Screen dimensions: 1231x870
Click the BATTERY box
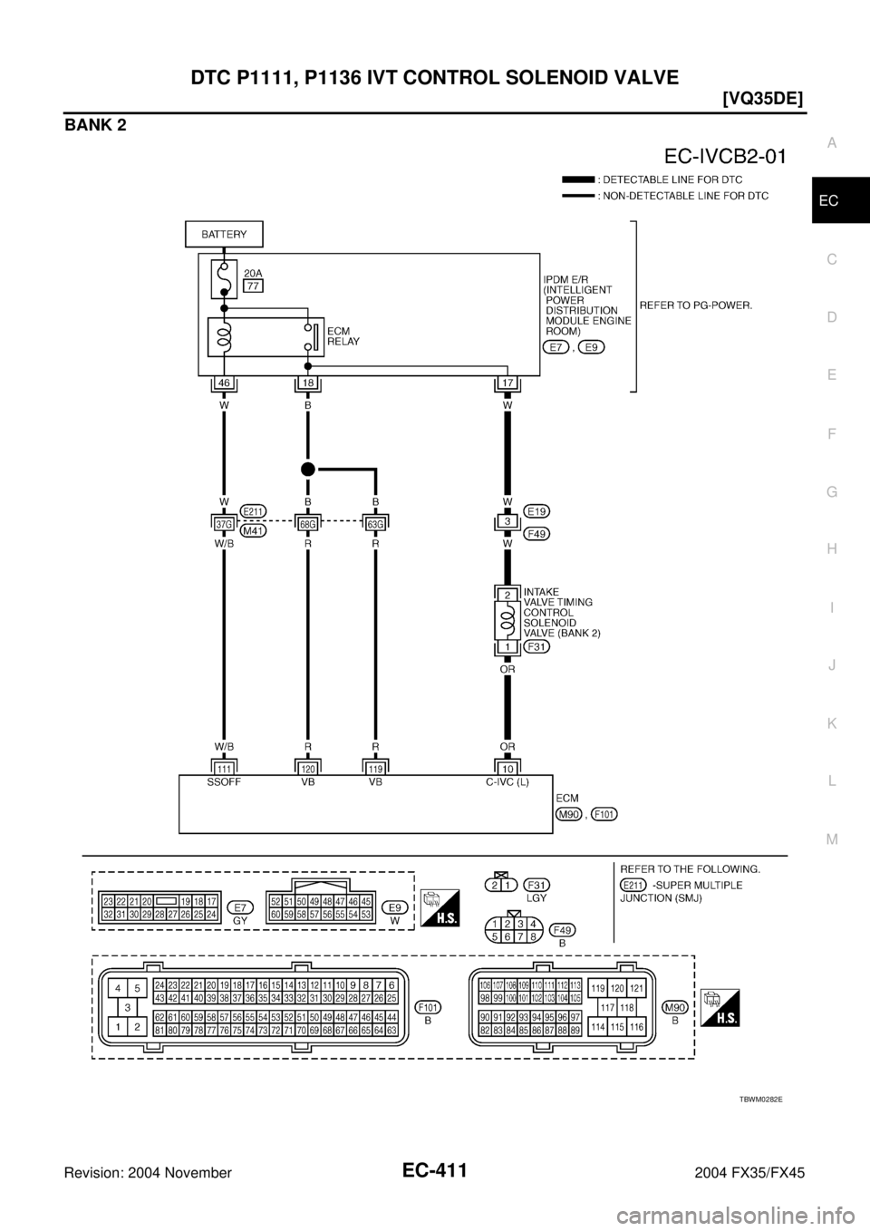224,234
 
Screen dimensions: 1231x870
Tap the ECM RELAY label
344,337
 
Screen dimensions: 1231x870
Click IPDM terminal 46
223,384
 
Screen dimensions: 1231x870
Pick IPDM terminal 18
307,384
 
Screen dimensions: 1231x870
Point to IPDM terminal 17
507,384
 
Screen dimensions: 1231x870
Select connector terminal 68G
307,522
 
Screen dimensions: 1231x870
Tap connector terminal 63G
374,522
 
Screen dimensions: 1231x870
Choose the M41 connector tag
254,531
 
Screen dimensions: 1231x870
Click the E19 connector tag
536,511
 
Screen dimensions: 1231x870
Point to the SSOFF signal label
223,782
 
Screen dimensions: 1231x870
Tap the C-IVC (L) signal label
507,782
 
